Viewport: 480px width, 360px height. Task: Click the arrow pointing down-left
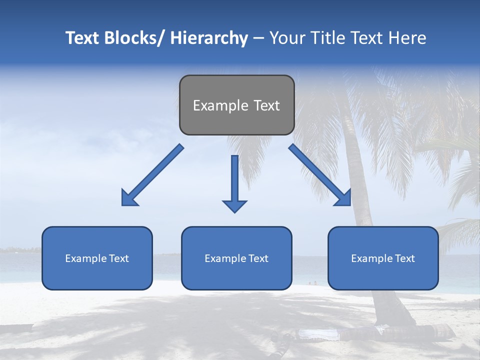(152, 175)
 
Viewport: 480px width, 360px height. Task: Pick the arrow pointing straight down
(234, 182)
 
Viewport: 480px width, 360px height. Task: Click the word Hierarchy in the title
(209, 38)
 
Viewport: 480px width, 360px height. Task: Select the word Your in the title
(286, 38)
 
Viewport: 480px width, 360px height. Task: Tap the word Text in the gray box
(266, 105)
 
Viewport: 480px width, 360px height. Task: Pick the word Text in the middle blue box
(258, 258)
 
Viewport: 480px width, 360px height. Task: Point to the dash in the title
(258, 38)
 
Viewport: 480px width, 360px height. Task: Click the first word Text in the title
(83, 38)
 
